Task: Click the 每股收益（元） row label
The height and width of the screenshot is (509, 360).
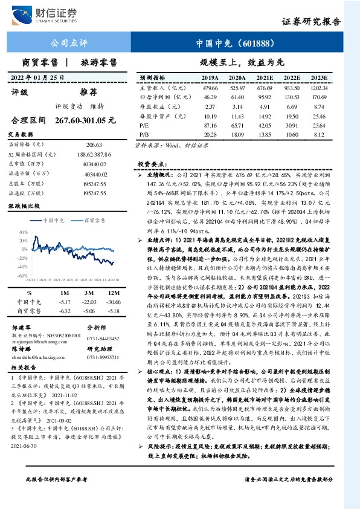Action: [x=156, y=105]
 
